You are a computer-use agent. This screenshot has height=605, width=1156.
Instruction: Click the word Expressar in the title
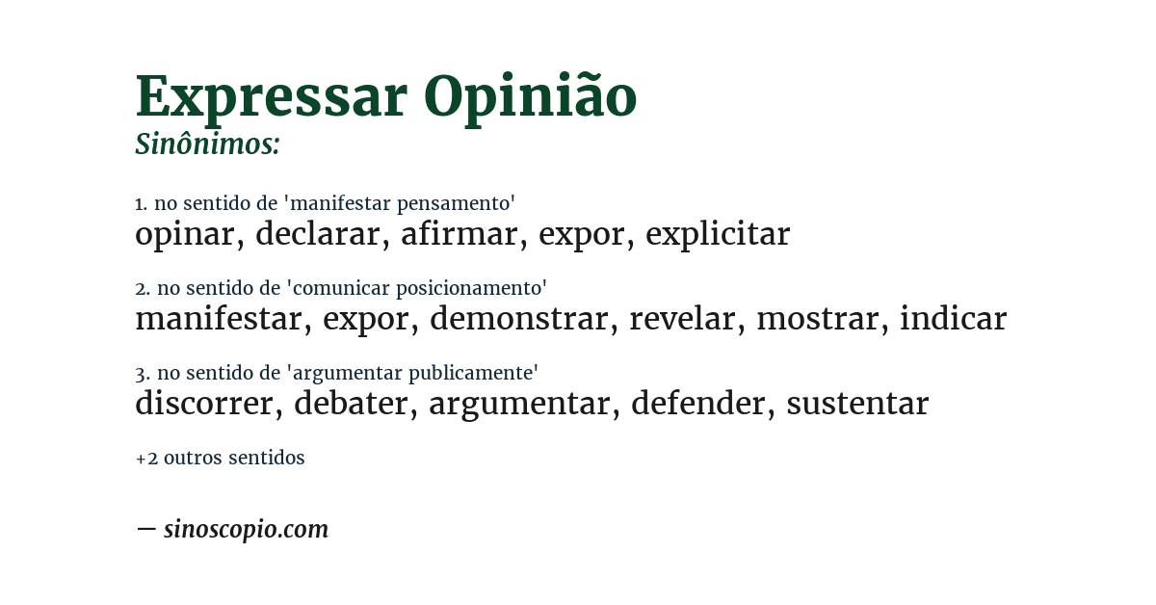[272, 97]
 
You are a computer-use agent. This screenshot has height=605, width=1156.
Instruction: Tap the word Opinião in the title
[530, 97]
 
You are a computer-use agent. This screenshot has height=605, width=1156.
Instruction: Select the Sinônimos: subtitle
[207, 145]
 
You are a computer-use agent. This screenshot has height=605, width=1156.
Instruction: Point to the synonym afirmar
[459, 234]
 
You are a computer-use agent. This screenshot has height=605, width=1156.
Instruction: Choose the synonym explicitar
[717, 234]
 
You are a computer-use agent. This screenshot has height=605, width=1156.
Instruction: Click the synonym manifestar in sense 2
[218, 319]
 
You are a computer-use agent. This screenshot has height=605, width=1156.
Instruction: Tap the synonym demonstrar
[518, 319]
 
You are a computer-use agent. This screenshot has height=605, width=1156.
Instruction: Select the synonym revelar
[682, 319]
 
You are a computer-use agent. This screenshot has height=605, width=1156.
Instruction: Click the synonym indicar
[953, 319]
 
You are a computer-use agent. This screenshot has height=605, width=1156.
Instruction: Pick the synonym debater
[351, 404]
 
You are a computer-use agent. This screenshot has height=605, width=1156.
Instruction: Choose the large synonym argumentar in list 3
[519, 404]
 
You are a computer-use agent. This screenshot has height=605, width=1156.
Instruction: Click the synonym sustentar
[856, 404]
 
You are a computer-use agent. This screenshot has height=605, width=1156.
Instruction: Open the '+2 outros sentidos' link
[220, 459]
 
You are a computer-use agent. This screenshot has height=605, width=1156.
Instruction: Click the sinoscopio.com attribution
[245, 529]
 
